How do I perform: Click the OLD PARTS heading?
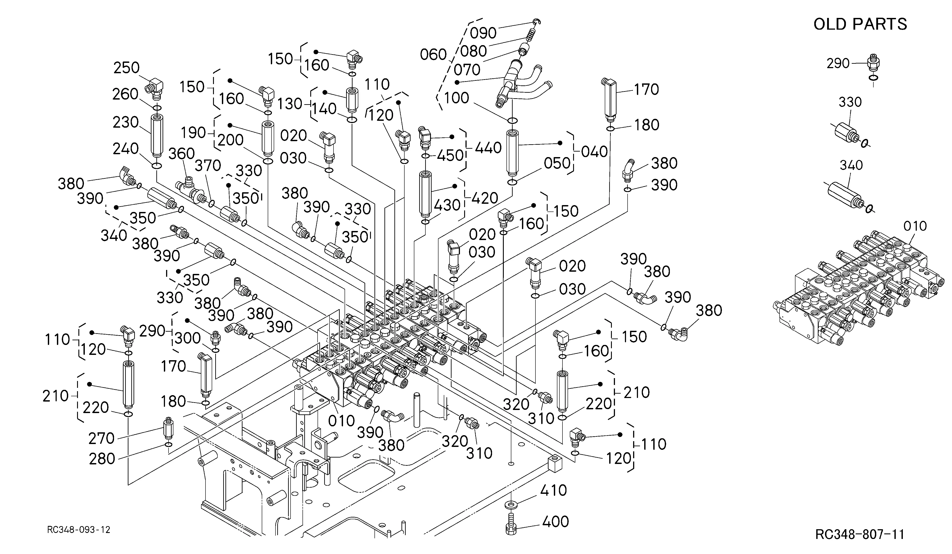860,24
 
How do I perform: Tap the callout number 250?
126,68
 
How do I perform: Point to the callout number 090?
483,33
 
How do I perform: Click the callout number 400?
555,521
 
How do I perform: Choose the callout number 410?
553,491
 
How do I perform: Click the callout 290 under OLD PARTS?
838,63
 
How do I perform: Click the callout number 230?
126,123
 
